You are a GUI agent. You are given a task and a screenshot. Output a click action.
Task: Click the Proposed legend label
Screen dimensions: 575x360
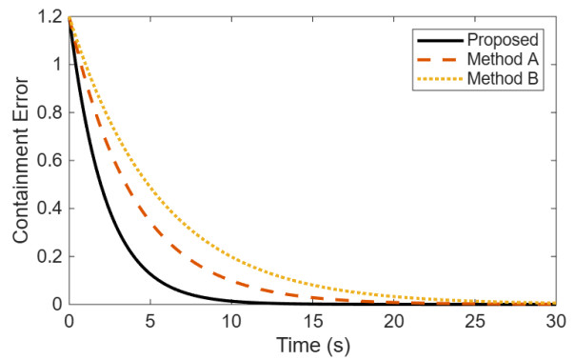[x=503, y=40]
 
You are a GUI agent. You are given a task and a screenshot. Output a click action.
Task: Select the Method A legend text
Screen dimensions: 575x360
[x=503, y=59]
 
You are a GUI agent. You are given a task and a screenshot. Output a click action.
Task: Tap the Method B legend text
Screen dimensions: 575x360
[x=503, y=78]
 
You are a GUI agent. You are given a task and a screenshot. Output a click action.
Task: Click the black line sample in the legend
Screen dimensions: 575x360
[x=440, y=40]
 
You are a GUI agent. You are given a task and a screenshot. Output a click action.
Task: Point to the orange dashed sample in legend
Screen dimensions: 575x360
[x=440, y=59]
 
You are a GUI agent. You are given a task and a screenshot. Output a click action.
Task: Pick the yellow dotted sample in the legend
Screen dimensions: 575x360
[x=440, y=78]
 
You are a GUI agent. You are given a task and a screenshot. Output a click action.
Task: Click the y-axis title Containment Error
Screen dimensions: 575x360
[x=21, y=160]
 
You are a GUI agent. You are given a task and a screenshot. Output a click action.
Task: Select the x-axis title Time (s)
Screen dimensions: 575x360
[x=313, y=346]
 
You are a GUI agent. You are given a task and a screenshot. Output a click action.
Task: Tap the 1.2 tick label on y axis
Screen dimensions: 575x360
[x=49, y=17]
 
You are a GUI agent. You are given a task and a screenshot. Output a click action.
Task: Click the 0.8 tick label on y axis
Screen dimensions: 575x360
[x=49, y=112]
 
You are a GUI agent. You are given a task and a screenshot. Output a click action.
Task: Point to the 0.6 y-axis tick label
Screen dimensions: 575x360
[x=49, y=161]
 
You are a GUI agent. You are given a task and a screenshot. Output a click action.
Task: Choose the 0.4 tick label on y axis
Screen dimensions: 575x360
[x=49, y=209]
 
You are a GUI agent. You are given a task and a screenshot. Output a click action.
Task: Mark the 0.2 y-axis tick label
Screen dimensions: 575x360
[x=49, y=256]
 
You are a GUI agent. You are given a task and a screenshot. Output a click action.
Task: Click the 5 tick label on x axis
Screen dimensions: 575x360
[x=150, y=322]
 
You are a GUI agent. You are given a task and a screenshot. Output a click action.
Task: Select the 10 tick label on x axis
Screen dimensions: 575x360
[x=231, y=322]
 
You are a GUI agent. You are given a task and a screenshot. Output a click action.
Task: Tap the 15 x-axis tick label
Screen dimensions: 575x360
[x=313, y=322]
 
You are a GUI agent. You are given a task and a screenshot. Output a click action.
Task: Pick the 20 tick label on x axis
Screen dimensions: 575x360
[x=394, y=322]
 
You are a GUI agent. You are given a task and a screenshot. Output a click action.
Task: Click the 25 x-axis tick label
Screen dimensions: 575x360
[x=475, y=322]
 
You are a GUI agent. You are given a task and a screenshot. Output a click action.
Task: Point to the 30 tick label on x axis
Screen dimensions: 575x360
[x=556, y=322]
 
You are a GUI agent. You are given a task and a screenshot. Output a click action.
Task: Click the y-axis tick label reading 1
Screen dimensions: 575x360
[x=57, y=65]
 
